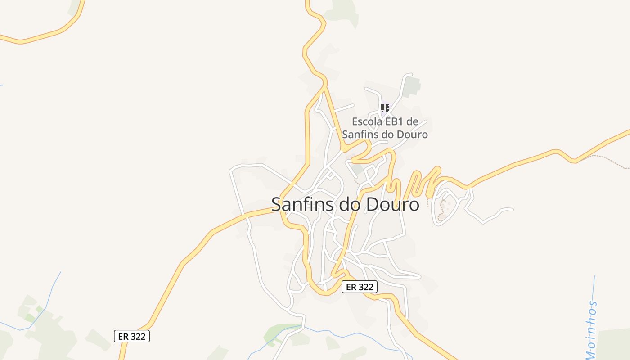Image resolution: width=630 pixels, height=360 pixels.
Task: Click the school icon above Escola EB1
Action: coord(385,108)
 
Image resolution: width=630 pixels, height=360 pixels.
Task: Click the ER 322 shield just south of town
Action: coord(359,287)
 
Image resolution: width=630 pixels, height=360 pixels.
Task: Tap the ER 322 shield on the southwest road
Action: coord(131,336)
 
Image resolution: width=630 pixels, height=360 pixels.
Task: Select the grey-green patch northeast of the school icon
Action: coord(411,87)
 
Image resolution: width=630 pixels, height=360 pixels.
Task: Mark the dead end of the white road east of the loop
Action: coord(512,209)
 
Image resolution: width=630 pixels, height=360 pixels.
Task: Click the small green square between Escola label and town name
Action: coord(358,170)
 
